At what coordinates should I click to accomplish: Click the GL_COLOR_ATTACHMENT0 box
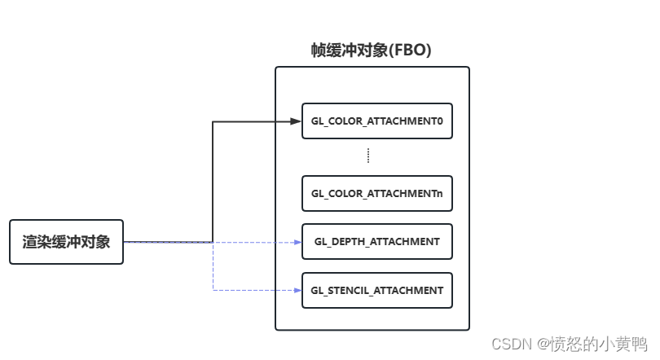[376, 122]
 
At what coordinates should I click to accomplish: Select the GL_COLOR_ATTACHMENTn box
[376, 195]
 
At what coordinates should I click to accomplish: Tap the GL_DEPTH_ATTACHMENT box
[376, 242]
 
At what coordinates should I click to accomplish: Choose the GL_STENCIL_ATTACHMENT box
[376, 290]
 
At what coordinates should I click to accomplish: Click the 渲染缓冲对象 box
[66, 242]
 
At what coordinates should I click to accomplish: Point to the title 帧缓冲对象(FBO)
[371, 50]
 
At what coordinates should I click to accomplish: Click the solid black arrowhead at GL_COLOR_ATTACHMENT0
[297, 122]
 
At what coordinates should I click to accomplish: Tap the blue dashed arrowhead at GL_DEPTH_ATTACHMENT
[297, 242]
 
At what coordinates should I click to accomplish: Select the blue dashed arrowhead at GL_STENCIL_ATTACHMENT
[297, 290]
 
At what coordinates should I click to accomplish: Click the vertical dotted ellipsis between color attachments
[368, 156]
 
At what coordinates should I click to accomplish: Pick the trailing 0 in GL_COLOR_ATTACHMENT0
[438, 122]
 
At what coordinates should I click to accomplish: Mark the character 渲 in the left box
[30, 242]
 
